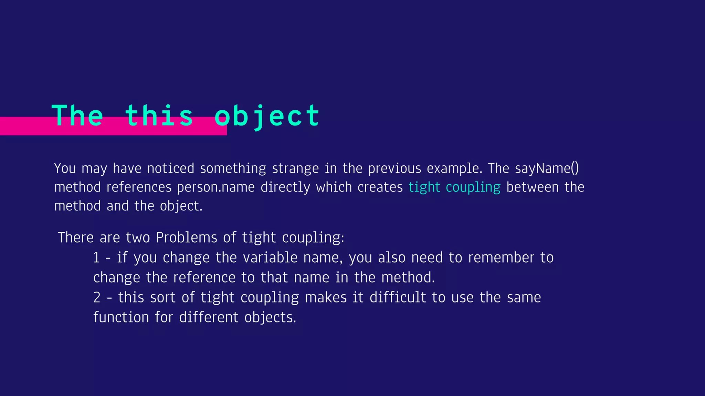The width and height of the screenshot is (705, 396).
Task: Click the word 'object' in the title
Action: click(x=267, y=116)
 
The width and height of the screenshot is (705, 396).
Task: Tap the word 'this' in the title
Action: click(x=159, y=116)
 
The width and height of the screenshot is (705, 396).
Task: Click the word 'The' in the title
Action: click(x=77, y=116)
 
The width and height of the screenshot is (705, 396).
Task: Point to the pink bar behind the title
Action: click(x=28, y=126)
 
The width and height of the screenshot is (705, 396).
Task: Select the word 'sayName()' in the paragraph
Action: click(x=547, y=168)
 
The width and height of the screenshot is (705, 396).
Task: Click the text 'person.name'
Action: click(x=216, y=187)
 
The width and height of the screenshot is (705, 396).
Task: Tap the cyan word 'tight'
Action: click(x=424, y=187)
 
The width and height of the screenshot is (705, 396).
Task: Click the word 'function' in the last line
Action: click(x=121, y=317)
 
